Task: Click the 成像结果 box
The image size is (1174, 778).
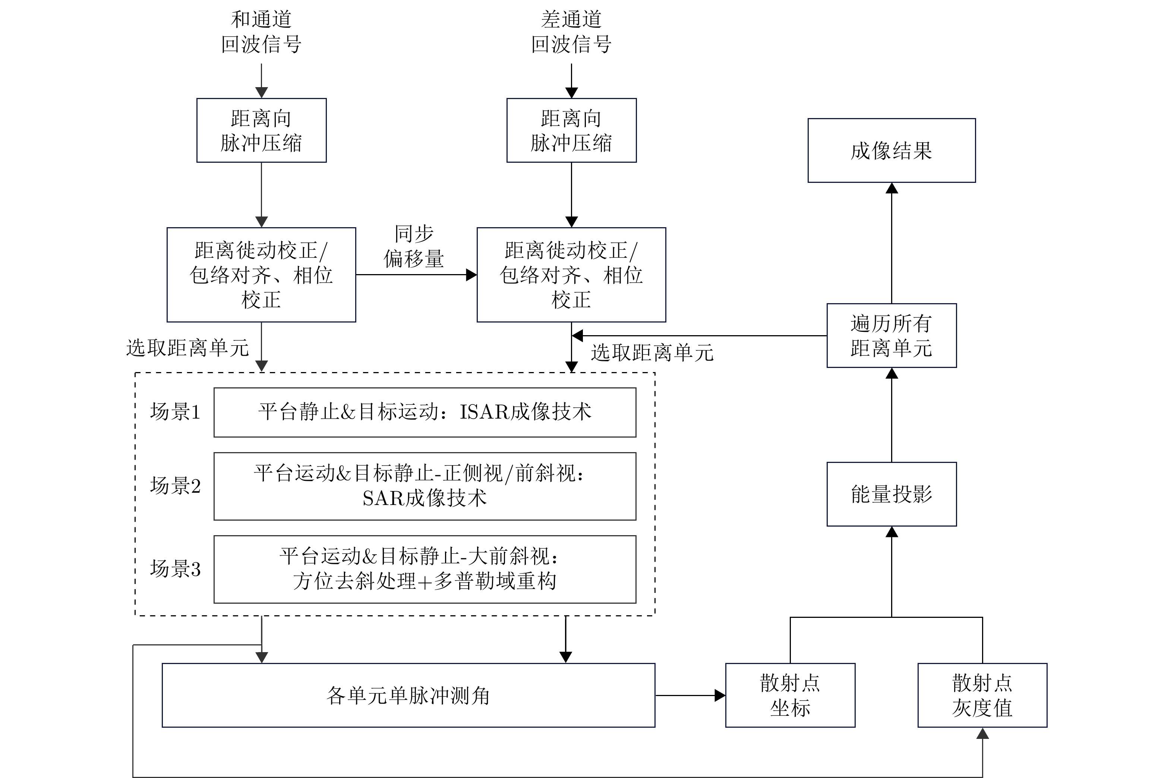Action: [891, 150]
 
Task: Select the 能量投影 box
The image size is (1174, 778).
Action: [891, 494]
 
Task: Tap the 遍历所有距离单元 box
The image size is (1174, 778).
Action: [891, 336]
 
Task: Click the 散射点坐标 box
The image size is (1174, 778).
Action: [790, 695]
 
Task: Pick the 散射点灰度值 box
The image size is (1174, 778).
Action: [982, 695]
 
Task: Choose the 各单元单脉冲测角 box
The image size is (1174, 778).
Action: [408, 695]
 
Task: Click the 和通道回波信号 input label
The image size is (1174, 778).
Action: [261, 32]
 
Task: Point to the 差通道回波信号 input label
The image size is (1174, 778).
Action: [571, 32]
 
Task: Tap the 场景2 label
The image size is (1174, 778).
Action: [175, 486]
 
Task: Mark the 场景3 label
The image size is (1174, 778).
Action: [175, 569]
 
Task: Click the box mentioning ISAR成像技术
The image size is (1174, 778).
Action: [425, 412]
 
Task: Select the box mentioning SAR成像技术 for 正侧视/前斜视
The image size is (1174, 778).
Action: [425, 486]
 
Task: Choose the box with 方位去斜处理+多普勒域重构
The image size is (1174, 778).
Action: [425, 569]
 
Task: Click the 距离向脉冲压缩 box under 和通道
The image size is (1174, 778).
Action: [261, 130]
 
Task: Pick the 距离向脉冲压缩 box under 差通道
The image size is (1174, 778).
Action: [571, 130]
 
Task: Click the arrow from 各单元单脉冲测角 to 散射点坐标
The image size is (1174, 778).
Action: [690, 695]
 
